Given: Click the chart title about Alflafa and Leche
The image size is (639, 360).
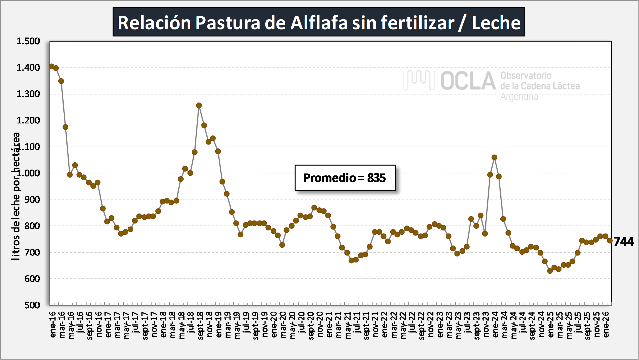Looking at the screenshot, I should pos(319,22).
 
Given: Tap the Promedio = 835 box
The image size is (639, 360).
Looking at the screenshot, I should pos(345,178).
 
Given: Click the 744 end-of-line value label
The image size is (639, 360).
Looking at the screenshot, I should pos(624,241).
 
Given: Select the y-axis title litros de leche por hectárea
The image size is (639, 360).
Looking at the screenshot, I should pos(16,196).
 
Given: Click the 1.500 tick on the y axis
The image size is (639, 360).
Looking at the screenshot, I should pos(28,41).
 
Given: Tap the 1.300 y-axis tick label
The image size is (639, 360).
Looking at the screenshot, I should pos(28,94).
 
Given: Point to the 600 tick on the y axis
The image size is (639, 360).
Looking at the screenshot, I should pos(32,279).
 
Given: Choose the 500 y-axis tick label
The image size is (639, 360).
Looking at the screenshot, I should pos(32,305).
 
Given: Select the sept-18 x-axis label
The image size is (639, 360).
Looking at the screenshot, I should pos(200,326).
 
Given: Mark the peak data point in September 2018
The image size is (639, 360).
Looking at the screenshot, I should pos(199,105).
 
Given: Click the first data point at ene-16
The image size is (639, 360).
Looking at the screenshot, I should pos(51,66).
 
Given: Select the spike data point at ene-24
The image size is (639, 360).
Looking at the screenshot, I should pos(494,157).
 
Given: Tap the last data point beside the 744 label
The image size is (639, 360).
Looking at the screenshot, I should pos(610,240).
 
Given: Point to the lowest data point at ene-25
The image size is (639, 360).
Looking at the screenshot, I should pos(550,271).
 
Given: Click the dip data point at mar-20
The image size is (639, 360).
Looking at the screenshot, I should pos(282,245).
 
